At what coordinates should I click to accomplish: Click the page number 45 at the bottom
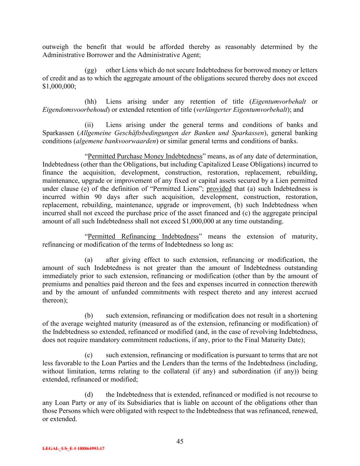point(180,441)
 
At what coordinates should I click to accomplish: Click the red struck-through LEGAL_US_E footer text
point(73,449)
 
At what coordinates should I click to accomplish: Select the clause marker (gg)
point(90,70)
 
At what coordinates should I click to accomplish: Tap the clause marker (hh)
point(90,102)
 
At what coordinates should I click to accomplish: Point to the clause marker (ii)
point(89,125)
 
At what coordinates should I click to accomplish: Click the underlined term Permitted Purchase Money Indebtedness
point(145,157)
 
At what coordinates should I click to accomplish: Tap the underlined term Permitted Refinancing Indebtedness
point(143,237)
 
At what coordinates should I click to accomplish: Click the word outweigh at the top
point(55,47)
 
